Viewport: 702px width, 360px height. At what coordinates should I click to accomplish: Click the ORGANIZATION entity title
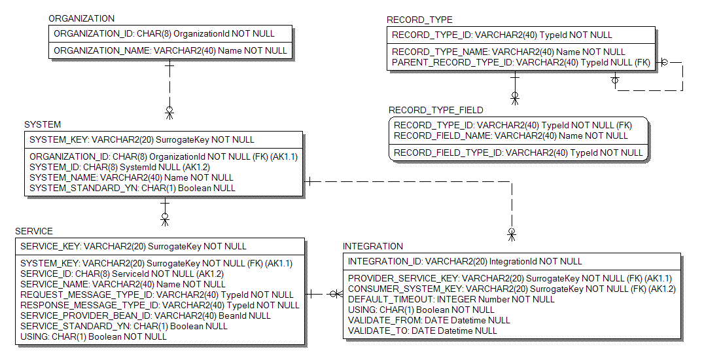81,19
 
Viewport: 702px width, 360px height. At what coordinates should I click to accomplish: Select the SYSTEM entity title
43,124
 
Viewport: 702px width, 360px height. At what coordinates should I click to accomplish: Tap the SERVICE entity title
34,231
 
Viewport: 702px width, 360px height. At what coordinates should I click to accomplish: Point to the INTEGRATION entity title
373,246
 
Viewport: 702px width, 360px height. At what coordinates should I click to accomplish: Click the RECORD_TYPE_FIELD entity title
436,110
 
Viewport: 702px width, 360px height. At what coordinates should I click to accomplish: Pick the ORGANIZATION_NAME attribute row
170,50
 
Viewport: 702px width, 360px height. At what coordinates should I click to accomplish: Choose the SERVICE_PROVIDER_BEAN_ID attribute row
145,315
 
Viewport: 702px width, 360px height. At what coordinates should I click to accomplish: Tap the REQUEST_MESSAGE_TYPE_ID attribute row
157,295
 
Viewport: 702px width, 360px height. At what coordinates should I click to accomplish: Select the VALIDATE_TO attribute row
422,331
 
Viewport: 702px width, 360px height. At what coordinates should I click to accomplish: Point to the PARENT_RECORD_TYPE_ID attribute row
521,62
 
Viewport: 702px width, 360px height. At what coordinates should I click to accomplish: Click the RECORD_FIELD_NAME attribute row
510,135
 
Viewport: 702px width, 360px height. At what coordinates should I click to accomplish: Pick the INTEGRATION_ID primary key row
465,261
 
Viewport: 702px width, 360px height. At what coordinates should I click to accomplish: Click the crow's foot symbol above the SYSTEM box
169,113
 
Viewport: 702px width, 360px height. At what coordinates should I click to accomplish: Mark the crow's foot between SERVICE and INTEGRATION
335,294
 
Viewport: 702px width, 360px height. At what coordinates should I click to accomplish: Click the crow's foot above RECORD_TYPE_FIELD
515,99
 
